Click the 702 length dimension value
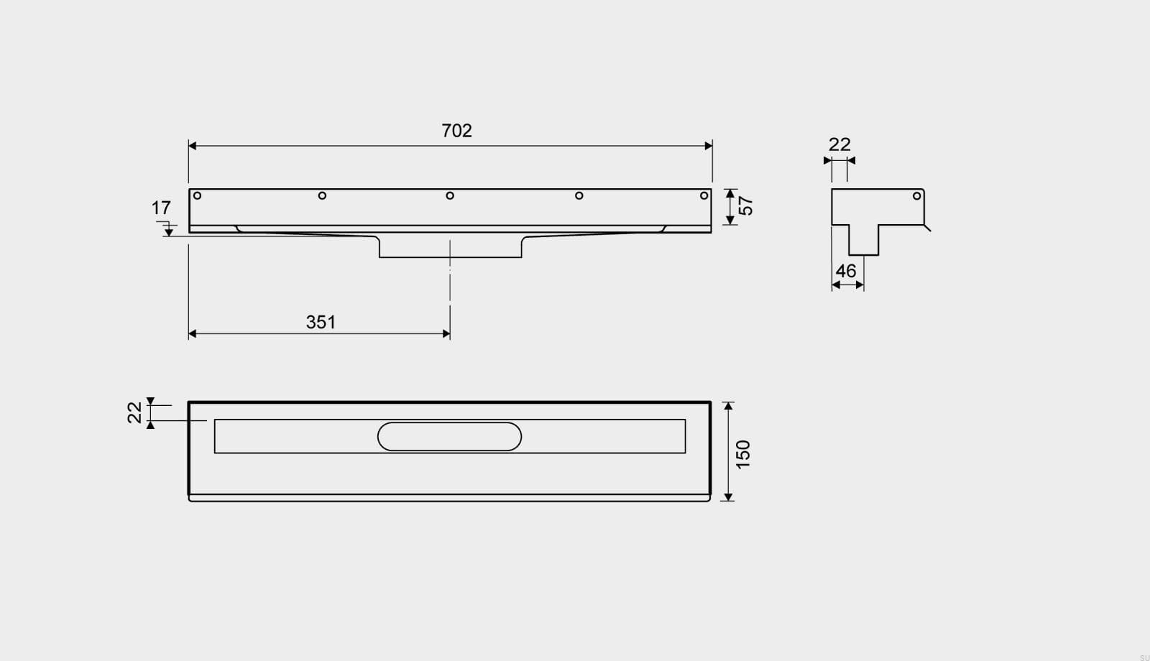coord(456,131)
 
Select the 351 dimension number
coord(321,323)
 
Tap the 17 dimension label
coord(161,208)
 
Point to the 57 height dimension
coord(745,205)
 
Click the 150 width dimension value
coord(743,454)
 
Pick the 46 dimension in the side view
coord(846,271)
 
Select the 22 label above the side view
coord(839,144)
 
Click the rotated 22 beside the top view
coord(134,412)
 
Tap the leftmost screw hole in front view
coord(197,195)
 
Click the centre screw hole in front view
coord(450,195)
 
